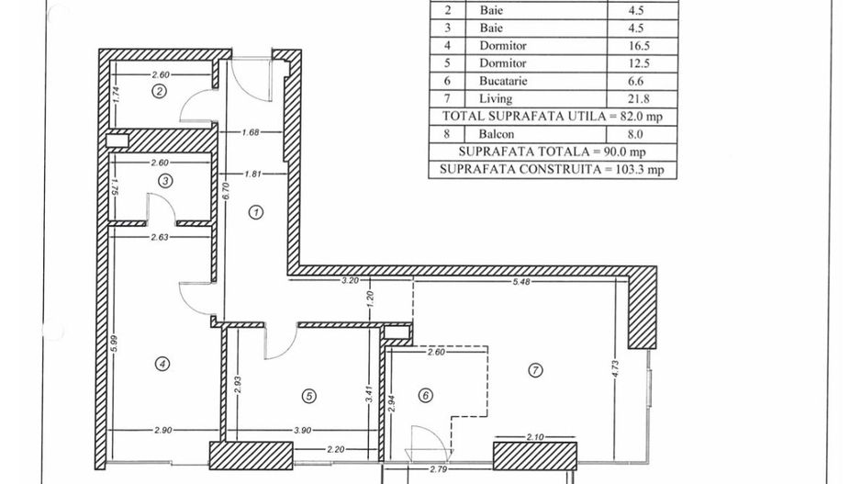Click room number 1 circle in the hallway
coord(257,212)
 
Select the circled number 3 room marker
coord(164,181)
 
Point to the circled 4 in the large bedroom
coord(162,364)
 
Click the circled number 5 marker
coord(309,396)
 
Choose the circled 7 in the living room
coord(536,370)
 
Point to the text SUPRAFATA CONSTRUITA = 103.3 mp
coord(551,169)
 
